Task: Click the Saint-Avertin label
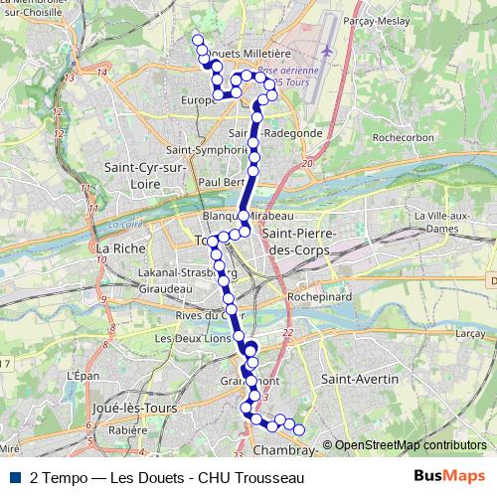pos(360,380)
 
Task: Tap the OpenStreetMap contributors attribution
pos(410,446)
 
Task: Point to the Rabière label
pos(127,431)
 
